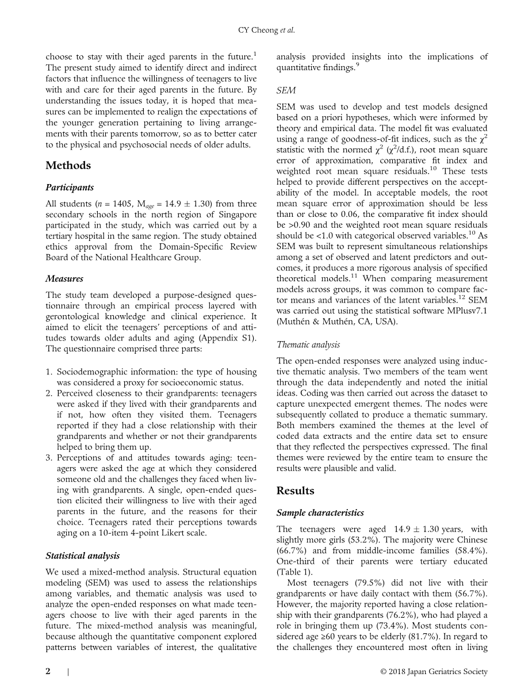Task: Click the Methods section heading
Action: click(x=68, y=166)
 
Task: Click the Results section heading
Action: click(x=295, y=491)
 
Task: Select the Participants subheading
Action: click(x=69, y=188)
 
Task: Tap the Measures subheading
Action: click(x=64, y=279)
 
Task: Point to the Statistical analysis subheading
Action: click(x=83, y=556)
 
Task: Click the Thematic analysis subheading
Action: click(x=308, y=345)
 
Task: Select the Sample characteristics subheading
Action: click(x=320, y=512)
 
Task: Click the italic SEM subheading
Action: click(x=285, y=91)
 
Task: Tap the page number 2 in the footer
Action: click(x=48, y=671)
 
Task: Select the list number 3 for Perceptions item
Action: click(x=49, y=457)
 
